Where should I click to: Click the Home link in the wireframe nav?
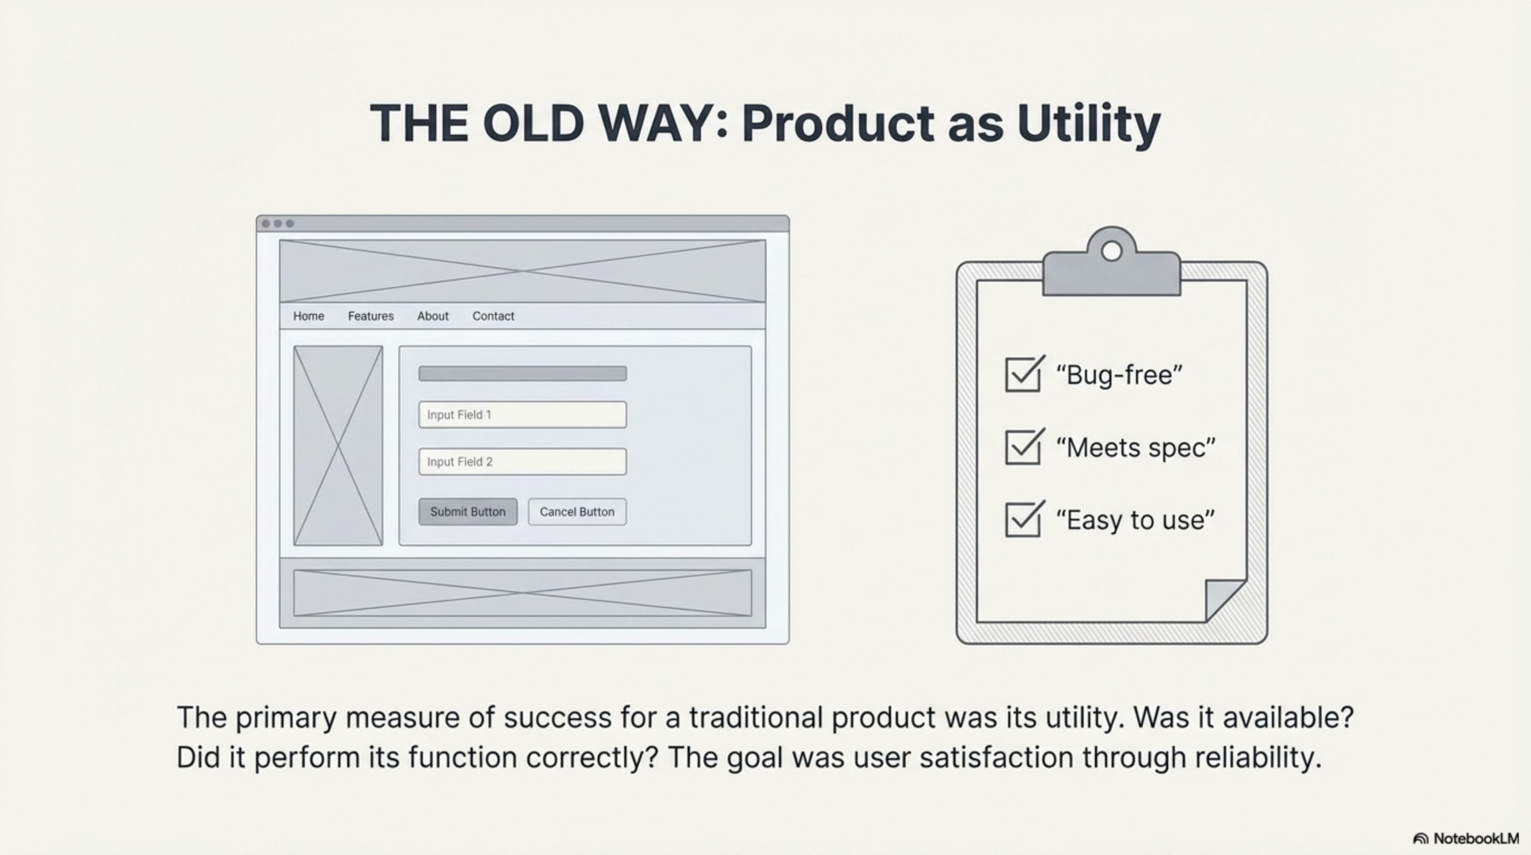[308, 316]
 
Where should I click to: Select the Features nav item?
[371, 316]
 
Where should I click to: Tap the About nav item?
[433, 316]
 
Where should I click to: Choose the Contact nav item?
[493, 316]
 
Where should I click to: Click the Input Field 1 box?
[522, 415]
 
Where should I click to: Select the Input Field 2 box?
[522, 461]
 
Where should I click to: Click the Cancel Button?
[577, 512]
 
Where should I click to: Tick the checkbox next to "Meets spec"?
[1023, 447]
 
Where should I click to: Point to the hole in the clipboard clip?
[1112, 252]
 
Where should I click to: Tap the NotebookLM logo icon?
[1420, 839]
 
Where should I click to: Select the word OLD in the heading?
[532, 123]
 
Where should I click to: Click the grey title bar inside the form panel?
[522, 374]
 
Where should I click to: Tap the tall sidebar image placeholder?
[338, 445]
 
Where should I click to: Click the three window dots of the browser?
[278, 224]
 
